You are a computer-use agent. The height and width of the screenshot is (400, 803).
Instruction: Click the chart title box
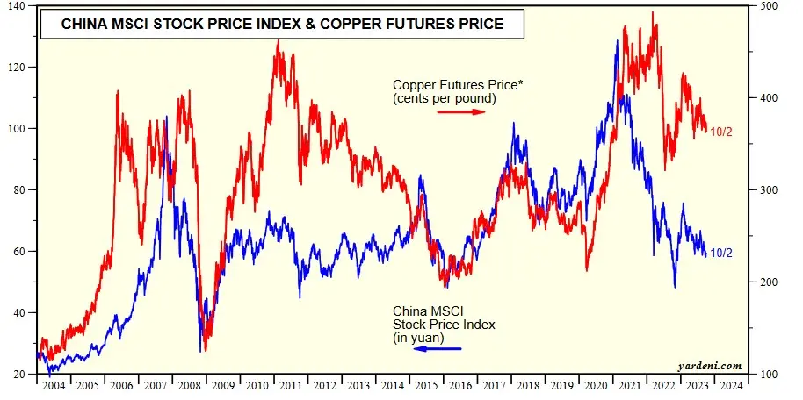pyautogui.click(x=282, y=24)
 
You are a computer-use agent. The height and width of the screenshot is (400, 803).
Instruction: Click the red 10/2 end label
pyautogui.click(x=721, y=131)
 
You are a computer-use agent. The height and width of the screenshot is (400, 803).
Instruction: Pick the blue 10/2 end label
pyautogui.click(x=721, y=254)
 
